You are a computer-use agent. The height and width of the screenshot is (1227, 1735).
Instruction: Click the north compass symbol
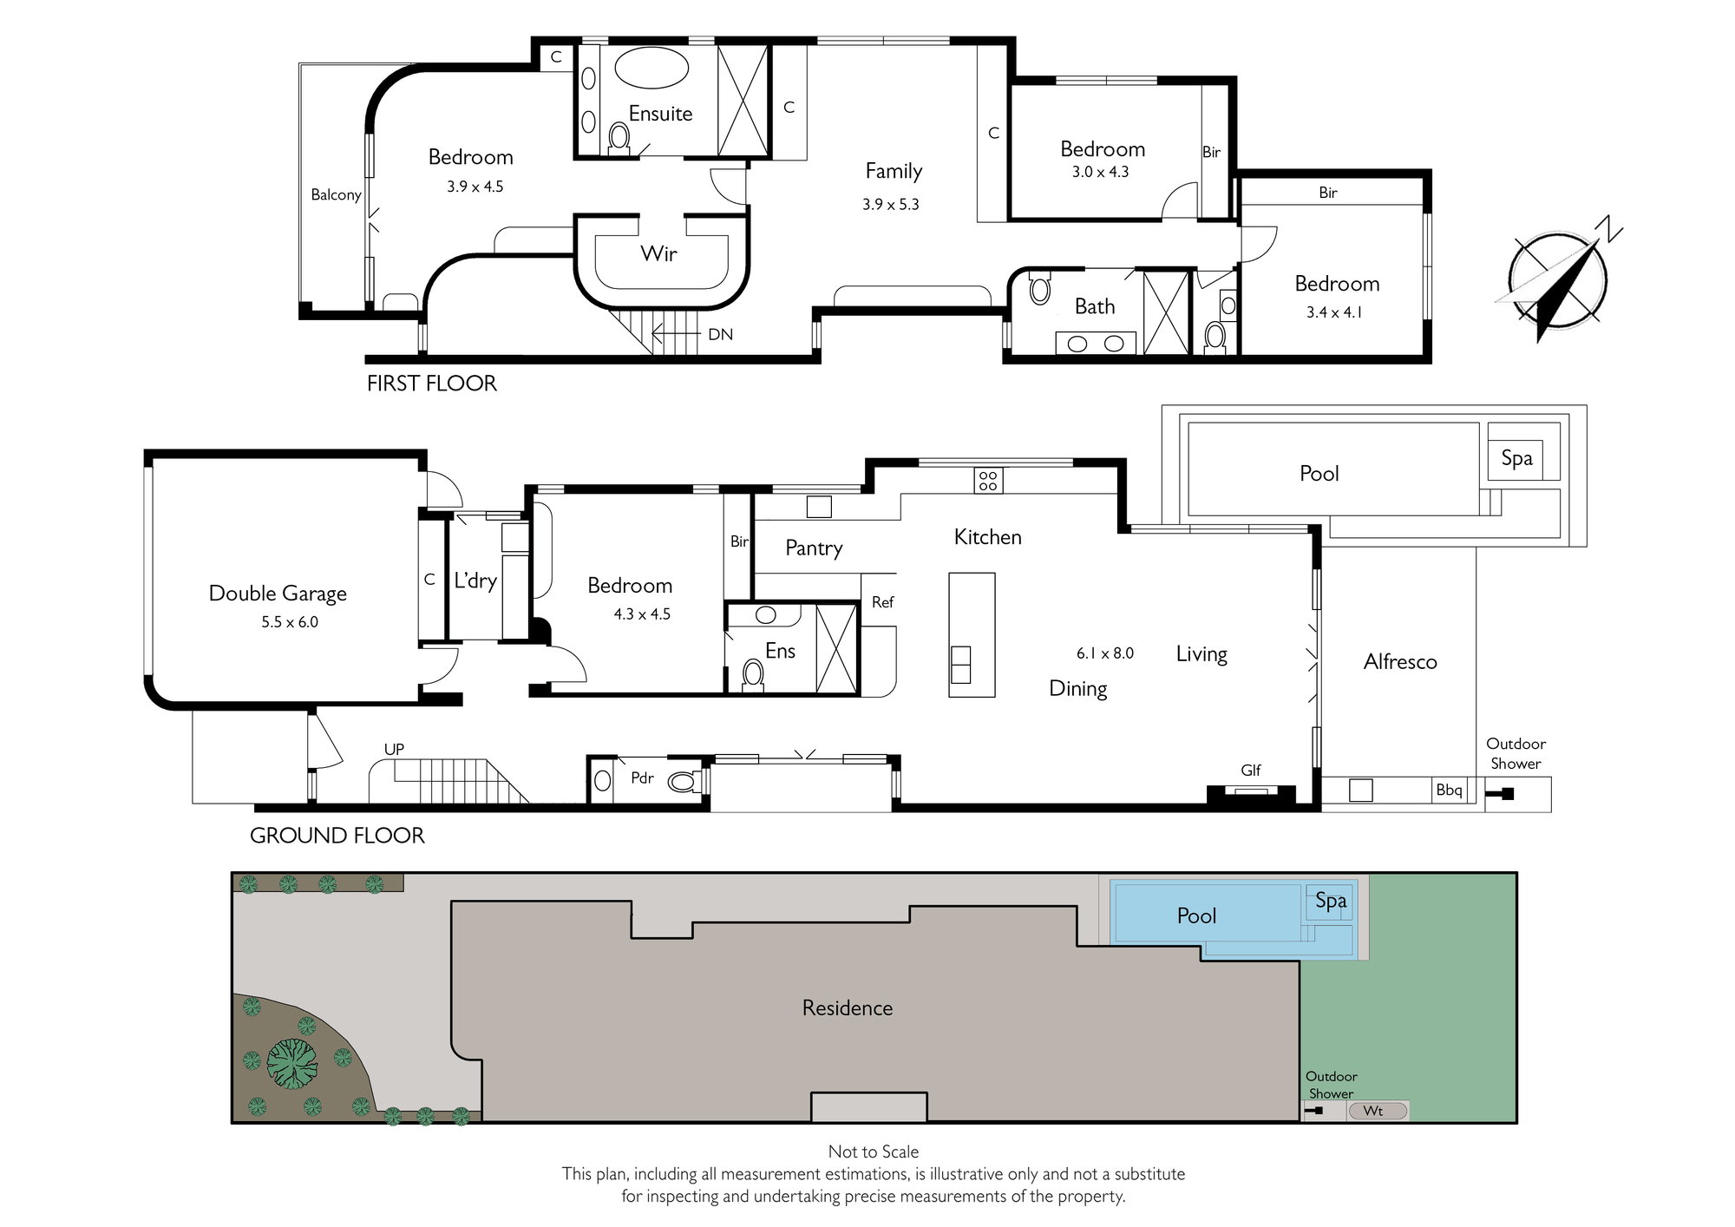[x=1558, y=279]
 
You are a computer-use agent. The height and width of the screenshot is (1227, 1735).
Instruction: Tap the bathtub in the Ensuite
[x=651, y=68]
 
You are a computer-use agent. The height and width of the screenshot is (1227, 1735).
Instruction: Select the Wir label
[x=658, y=253]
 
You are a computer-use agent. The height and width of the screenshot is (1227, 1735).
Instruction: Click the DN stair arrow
[x=676, y=333]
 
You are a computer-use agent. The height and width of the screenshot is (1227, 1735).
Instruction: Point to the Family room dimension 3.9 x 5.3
[x=891, y=205]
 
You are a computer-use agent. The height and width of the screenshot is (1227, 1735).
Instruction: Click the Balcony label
[x=336, y=195]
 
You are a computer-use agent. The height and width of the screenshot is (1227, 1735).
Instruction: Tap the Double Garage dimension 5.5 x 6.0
[x=290, y=622]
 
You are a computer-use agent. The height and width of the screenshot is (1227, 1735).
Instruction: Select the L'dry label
[x=475, y=581]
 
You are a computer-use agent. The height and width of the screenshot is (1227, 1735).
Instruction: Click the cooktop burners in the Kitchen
[x=988, y=480]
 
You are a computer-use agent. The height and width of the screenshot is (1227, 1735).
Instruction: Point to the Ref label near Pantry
[x=882, y=602]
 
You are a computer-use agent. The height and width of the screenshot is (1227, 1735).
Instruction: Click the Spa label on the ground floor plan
[x=1516, y=459]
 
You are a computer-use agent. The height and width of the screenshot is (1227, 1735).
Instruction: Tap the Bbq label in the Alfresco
[x=1449, y=790]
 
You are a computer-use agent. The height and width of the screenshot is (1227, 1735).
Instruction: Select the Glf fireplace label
[x=1251, y=770]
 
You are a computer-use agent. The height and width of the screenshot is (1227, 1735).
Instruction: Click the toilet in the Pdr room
[x=683, y=782]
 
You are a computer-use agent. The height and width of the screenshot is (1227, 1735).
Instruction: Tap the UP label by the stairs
[x=394, y=749]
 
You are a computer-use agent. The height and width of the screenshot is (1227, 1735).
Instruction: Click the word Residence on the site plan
[x=848, y=1008]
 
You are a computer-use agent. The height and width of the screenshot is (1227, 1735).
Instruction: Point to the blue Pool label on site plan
[x=1196, y=916]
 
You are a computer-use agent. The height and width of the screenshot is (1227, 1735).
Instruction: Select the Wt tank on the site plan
[x=1378, y=1112]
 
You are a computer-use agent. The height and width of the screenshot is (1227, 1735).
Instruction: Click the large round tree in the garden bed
[x=292, y=1064]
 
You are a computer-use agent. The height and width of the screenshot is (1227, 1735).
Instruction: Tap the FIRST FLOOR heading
[x=432, y=384]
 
